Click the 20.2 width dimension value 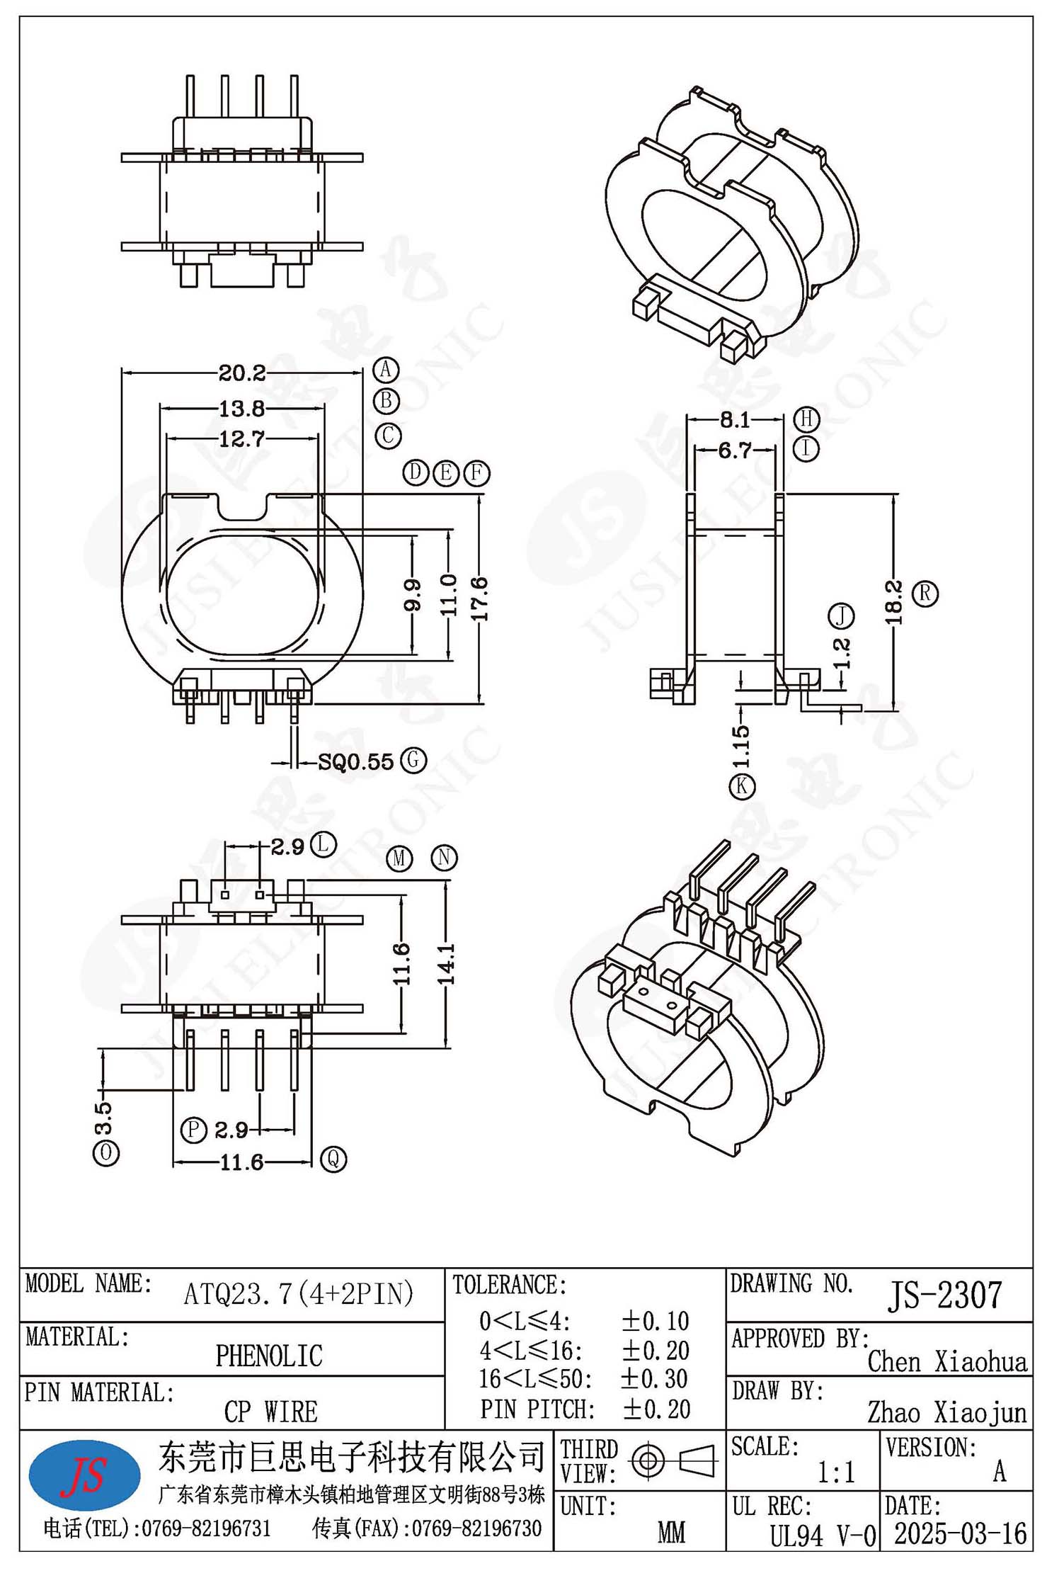click(x=241, y=373)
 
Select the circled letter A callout click(x=386, y=370)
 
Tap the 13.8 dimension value click(x=241, y=409)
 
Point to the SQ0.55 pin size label click(x=355, y=762)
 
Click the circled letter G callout click(x=413, y=761)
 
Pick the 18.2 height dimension click(x=893, y=602)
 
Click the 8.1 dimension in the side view click(x=734, y=420)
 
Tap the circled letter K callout click(x=742, y=786)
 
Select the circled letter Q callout click(x=333, y=1159)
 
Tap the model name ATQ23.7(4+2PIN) click(x=299, y=1294)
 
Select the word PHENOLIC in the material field click(x=269, y=1356)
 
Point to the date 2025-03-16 click(x=961, y=1535)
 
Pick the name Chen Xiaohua click(x=947, y=1361)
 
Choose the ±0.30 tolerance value click(x=655, y=1378)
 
